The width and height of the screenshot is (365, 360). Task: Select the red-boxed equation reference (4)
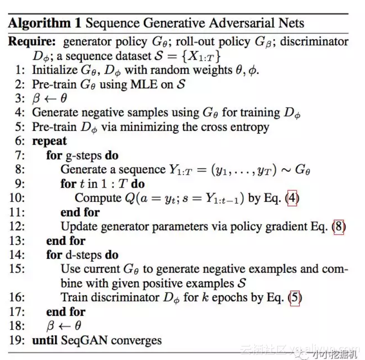(x=292, y=198)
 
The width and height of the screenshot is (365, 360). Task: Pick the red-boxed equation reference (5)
(x=295, y=297)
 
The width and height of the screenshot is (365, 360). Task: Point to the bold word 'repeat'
(x=49, y=142)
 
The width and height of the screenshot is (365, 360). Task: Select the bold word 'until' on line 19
(x=45, y=340)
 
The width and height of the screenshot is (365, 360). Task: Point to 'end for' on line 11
(x=80, y=212)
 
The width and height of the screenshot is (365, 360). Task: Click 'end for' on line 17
(x=66, y=312)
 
